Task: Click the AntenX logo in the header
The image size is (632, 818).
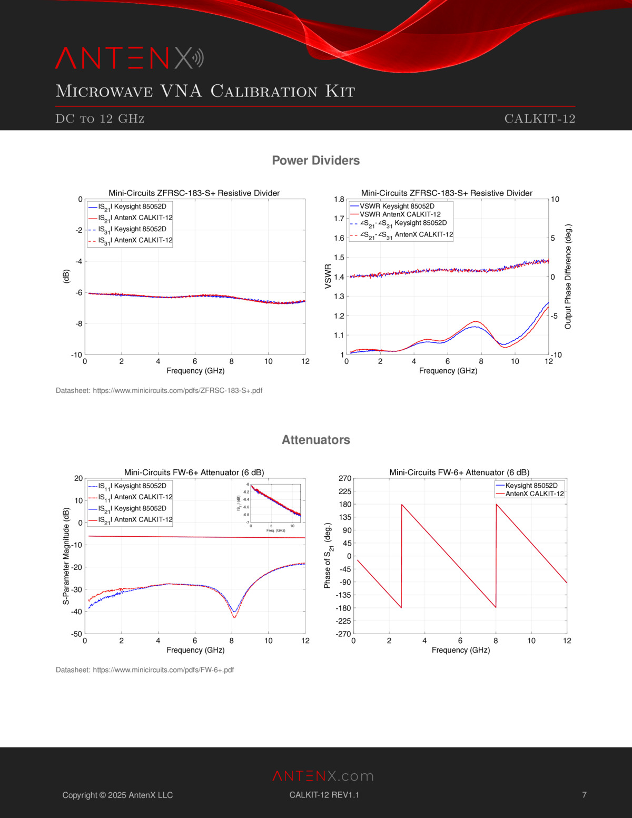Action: coord(129,58)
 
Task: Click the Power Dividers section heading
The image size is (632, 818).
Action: coord(315,161)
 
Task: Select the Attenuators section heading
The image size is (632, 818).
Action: coord(315,440)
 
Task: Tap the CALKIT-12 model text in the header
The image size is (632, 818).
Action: coord(539,119)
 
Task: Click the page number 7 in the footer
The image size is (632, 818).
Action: coord(584,795)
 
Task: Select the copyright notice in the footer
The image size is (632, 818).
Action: coord(117,795)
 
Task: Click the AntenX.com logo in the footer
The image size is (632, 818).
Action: coord(323,776)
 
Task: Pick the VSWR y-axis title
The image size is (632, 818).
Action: coord(328,277)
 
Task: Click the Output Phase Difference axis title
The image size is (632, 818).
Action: coord(568,277)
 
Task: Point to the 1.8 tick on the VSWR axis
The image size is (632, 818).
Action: coord(339,199)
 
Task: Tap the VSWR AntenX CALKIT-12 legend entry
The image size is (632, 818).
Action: coord(400,214)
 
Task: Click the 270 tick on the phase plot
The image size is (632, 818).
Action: coord(345,478)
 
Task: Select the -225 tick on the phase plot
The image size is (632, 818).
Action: coord(343,621)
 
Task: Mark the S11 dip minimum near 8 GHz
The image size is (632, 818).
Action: coord(234,616)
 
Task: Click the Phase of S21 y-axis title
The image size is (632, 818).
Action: coord(328,556)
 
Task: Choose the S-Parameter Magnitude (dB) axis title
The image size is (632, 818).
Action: coord(66,556)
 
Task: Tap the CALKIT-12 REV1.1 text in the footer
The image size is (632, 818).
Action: coord(324,795)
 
